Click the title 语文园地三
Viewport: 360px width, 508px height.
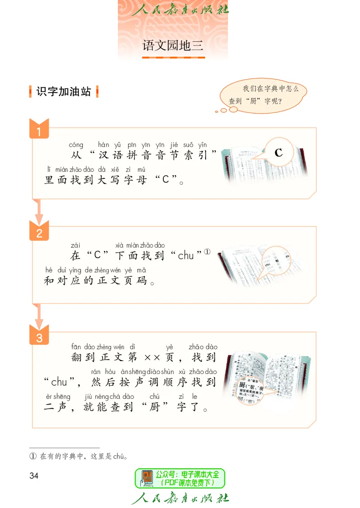coord(173,45)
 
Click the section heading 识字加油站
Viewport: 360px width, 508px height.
coord(63,92)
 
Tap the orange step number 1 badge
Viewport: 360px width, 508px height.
coord(39,132)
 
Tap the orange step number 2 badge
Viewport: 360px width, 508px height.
coord(39,233)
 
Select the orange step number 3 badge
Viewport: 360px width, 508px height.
coord(39,337)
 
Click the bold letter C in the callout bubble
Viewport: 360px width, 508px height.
coord(279,153)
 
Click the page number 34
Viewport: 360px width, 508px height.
coord(34,476)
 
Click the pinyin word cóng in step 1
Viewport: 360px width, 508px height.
coord(76,145)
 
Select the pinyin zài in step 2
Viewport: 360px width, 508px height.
coord(75,245)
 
